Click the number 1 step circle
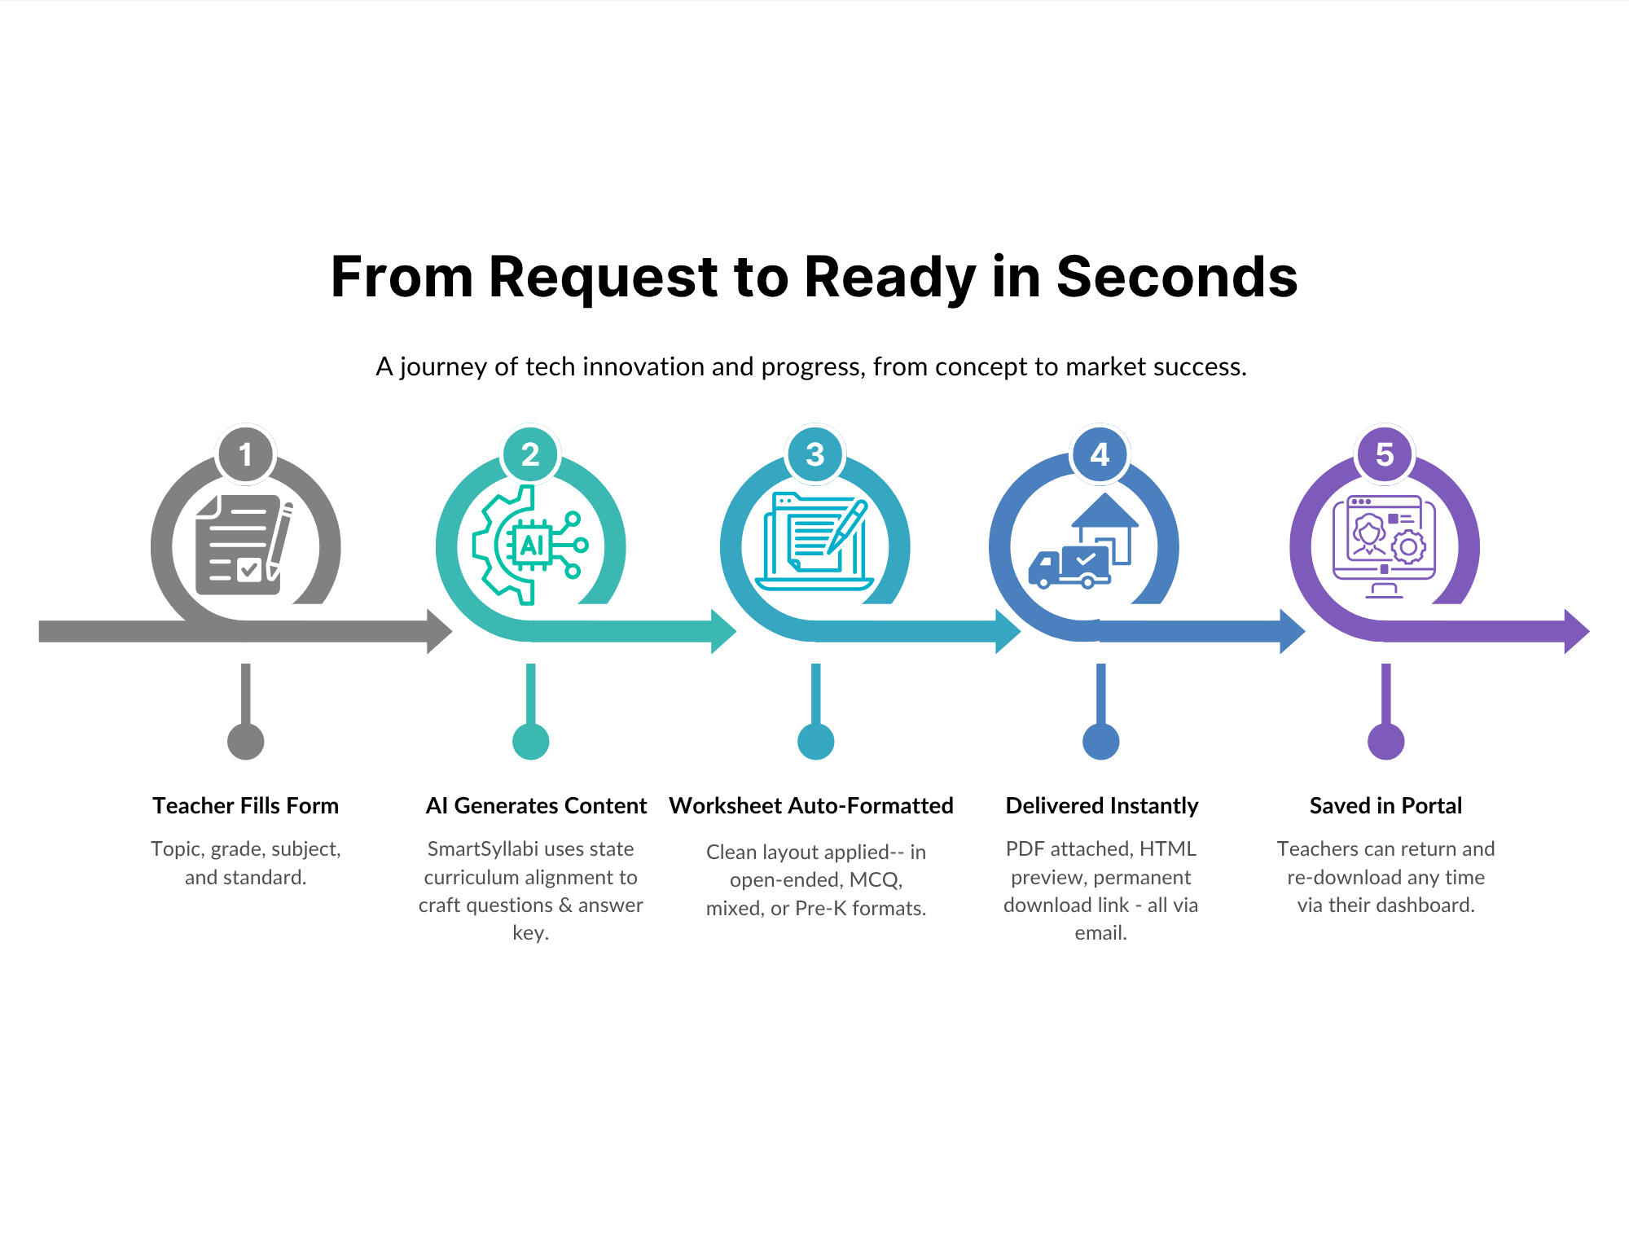pos(245,454)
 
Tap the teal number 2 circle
pos(530,454)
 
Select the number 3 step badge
pos(815,454)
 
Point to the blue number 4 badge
pos(1100,454)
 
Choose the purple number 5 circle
pos(1385,454)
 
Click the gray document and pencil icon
pos(244,544)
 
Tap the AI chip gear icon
pos(529,545)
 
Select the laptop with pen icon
pos(814,542)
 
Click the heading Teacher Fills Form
pos(245,805)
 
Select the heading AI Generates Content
pos(536,805)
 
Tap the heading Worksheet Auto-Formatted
pos(811,805)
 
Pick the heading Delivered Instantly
pos(1101,805)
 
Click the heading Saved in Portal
pos(1385,805)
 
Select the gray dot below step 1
pos(245,741)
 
